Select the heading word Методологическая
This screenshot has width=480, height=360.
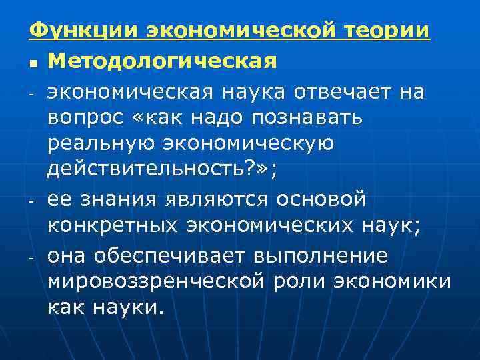coord(162,61)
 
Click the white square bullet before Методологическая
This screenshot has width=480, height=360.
coord(33,63)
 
